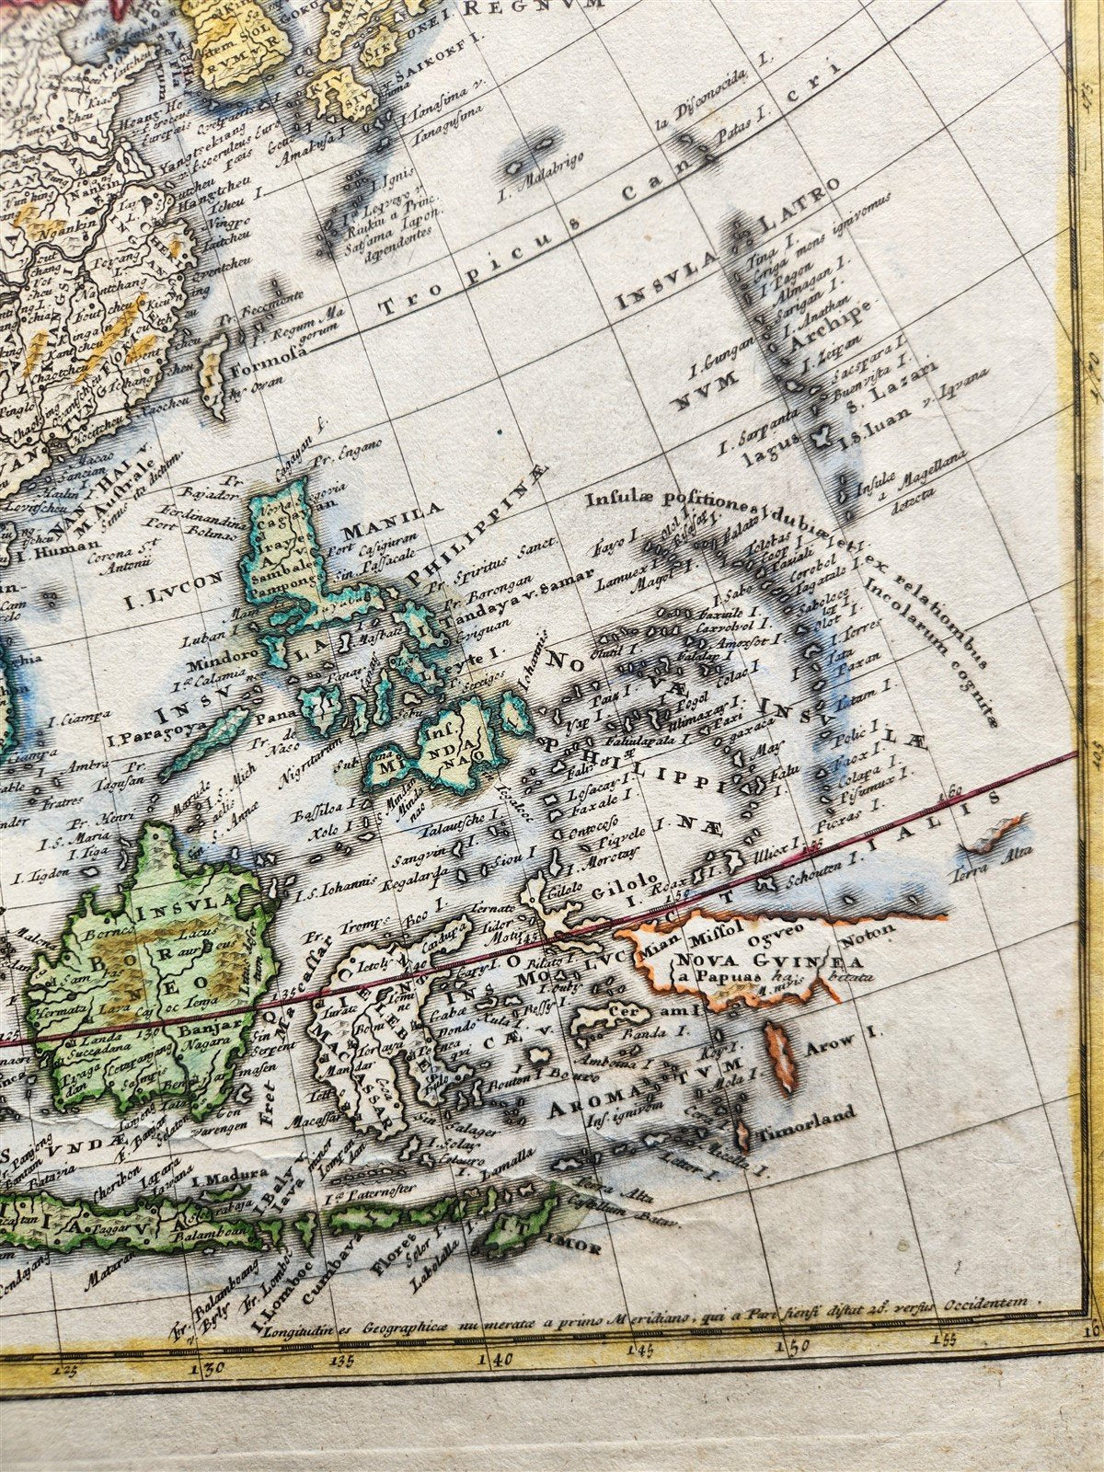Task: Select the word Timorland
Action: click(806, 1115)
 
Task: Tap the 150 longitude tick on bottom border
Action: click(794, 1347)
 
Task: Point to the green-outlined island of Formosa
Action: click(213, 373)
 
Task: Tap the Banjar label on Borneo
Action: click(218, 1021)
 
